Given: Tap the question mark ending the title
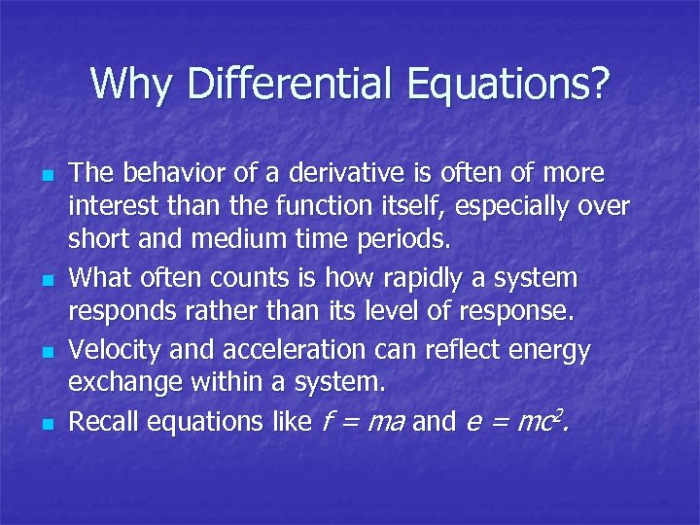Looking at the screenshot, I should coord(597,85).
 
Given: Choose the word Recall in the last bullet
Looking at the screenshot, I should coord(101,421).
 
